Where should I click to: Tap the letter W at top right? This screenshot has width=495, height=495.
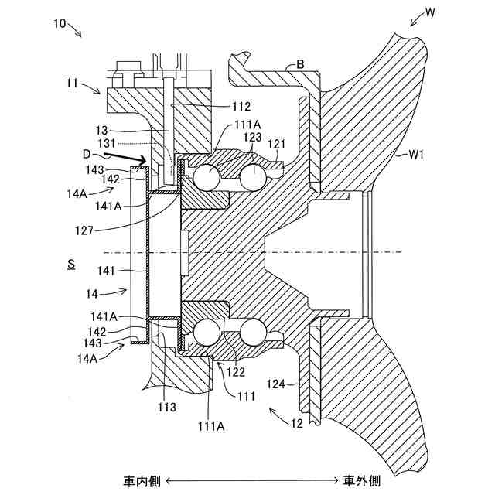pyautogui.click(x=431, y=13)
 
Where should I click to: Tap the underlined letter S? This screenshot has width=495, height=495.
pyautogui.click(x=70, y=264)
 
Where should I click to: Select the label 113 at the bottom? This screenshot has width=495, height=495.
pyautogui.click(x=166, y=405)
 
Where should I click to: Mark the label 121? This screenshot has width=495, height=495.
pyautogui.click(x=276, y=145)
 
